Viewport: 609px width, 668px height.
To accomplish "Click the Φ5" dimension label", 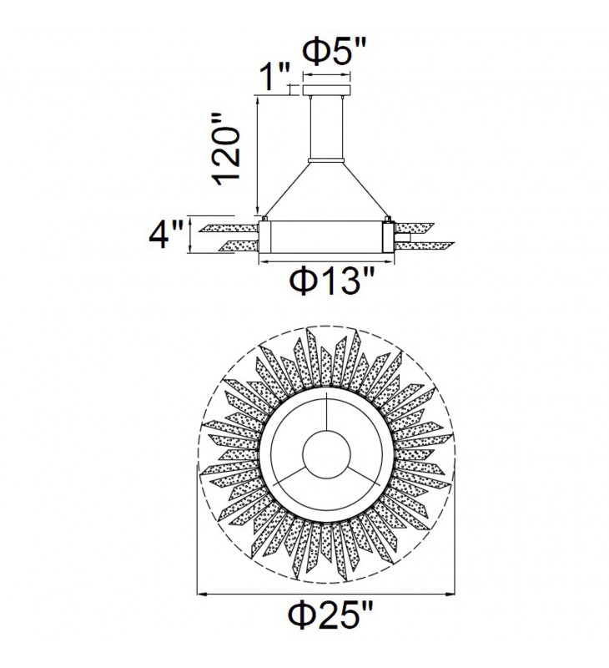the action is (334, 52).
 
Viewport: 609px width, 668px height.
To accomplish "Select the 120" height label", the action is (228, 149).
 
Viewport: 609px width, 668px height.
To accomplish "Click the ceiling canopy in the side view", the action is (326, 90).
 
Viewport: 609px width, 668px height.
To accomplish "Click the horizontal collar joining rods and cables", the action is (326, 160).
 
